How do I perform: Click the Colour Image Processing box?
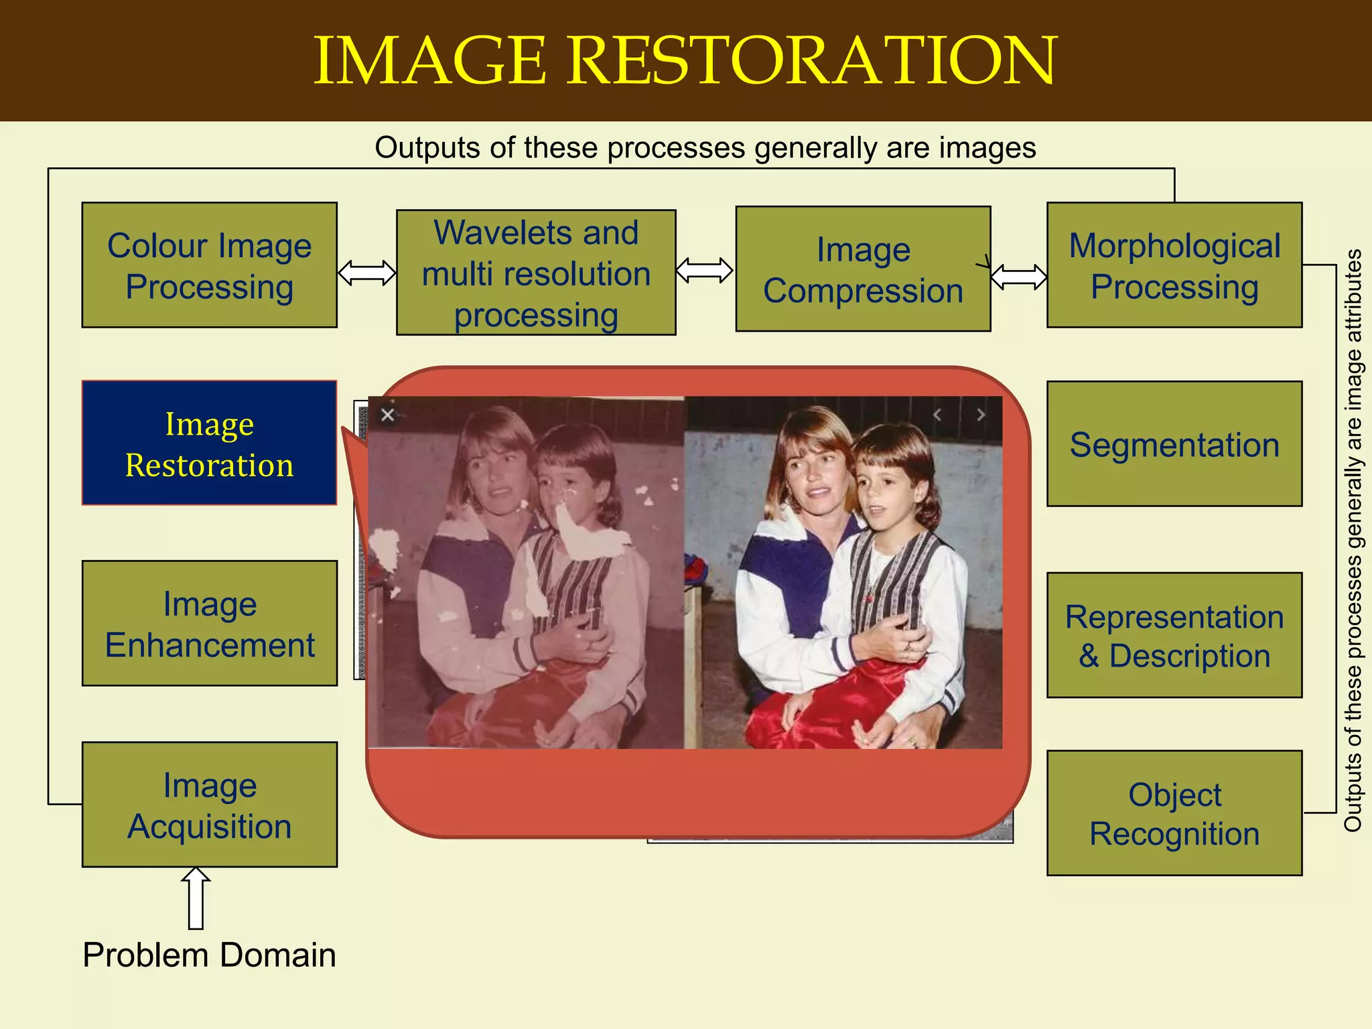point(209,265)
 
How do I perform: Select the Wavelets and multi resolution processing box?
point(536,273)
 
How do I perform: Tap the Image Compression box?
point(863,269)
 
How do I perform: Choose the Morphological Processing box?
point(1174,265)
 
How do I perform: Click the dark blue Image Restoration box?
point(209,443)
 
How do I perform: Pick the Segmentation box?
point(1174,443)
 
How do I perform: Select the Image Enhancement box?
point(209,623)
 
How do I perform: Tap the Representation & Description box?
point(1174,635)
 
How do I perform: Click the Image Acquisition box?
point(209,805)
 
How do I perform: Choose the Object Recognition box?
point(1174,813)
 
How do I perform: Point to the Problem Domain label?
point(209,955)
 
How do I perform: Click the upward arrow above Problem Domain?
point(196,898)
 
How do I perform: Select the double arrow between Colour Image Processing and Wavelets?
point(366,273)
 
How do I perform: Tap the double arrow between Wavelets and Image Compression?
point(705,271)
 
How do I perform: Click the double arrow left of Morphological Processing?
point(1018,276)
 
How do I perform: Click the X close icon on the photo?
point(387,415)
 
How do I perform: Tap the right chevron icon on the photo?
point(981,415)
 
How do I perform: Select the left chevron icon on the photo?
point(937,415)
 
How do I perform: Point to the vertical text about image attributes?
point(1353,540)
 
